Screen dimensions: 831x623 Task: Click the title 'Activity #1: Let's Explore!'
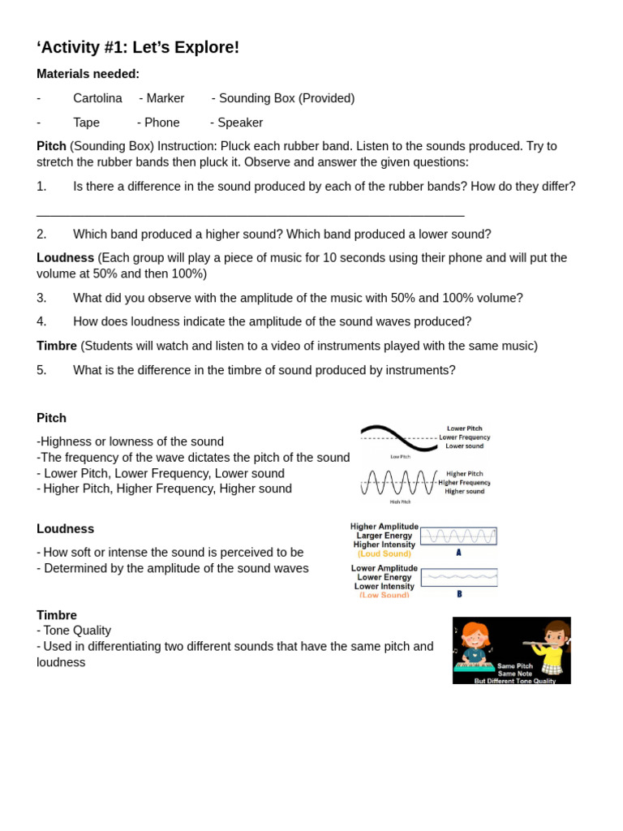click(138, 48)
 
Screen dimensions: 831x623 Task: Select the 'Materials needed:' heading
click(88, 74)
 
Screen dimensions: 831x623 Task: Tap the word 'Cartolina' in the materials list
click(97, 98)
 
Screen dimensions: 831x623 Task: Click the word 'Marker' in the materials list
click(165, 98)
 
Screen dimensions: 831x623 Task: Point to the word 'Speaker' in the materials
click(239, 123)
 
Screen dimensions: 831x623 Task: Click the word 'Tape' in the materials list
click(86, 123)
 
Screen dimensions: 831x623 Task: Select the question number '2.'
click(41, 235)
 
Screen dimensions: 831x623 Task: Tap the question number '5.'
click(41, 370)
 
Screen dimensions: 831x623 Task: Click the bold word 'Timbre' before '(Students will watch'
click(57, 346)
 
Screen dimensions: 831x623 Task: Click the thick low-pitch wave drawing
click(398, 437)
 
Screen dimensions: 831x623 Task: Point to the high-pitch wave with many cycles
click(398, 482)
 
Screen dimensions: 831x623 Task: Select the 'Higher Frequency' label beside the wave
click(464, 482)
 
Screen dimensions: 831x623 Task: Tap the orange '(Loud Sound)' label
click(384, 553)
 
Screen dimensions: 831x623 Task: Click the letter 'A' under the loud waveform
click(458, 553)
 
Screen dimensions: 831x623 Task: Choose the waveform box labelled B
click(458, 577)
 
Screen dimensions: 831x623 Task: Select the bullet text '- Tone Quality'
click(74, 631)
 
